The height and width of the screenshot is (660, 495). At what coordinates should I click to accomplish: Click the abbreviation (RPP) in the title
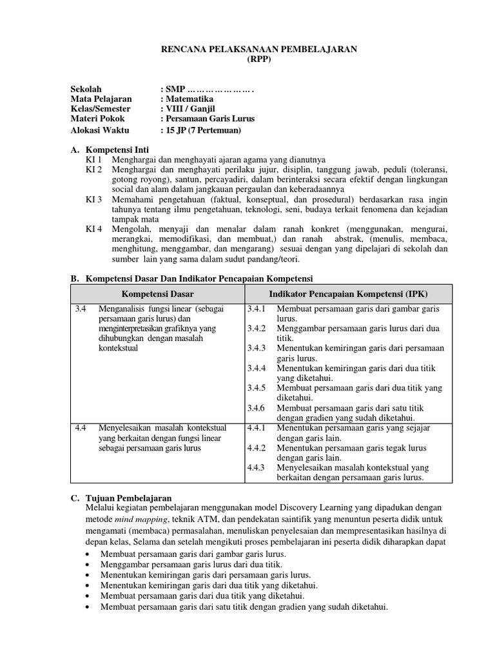pyautogui.click(x=259, y=59)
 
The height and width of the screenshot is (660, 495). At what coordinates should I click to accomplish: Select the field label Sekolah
pyautogui.click(x=86, y=88)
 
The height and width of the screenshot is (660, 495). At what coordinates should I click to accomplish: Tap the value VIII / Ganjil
pyautogui.click(x=189, y=109)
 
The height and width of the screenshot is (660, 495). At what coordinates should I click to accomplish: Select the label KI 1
pyautogui.click(x=93, y=159)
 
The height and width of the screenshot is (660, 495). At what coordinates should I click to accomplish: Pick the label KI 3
pyautogui.click(x=93, y=200)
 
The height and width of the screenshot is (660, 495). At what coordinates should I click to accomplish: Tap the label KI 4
pyautogui.click(x=93, y=229)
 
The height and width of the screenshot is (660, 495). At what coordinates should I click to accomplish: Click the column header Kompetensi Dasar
pyautogui.click(x=158, y=294)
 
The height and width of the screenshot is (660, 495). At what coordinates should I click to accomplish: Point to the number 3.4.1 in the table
pyautogui.click(x=256, y=309)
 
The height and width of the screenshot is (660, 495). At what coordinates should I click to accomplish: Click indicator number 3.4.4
pyautogui.click(x=256, y=368)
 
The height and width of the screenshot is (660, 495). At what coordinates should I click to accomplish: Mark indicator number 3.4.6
pyautogui.click(x=256, y=408)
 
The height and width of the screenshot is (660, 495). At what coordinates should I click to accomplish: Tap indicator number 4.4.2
pyautogui.click(x=256, y=448)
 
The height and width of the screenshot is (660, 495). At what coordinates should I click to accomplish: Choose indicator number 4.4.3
pyautogui.click(x=256, y=468)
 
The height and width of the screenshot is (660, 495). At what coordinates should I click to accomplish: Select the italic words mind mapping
pyautogui.click(x=137, y=519)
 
